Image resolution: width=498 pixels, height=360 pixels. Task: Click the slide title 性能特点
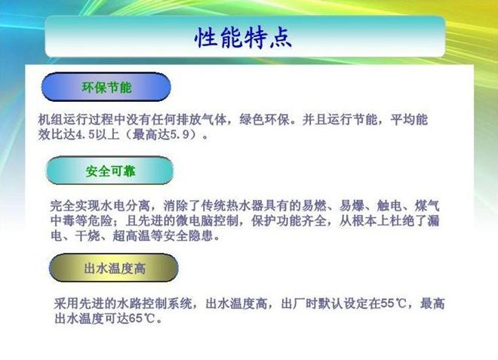click(243, 38)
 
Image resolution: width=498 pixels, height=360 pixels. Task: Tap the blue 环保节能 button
click(106, 87)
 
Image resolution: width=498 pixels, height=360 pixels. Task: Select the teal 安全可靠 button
click(110, 171)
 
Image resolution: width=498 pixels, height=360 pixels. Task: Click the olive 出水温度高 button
click(114, 268)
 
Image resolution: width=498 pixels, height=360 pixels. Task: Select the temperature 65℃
click(142, 318)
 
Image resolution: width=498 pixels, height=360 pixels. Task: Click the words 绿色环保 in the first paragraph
click(265, 120)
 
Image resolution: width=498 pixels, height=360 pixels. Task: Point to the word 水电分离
click(124, 206)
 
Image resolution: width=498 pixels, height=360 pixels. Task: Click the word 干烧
click(88, 235)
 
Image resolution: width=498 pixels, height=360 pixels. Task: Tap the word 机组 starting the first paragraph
click(51, 120)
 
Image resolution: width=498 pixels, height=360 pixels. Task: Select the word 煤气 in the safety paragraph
click(427, 206)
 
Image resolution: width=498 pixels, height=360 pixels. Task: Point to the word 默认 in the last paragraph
click(331, 303)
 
